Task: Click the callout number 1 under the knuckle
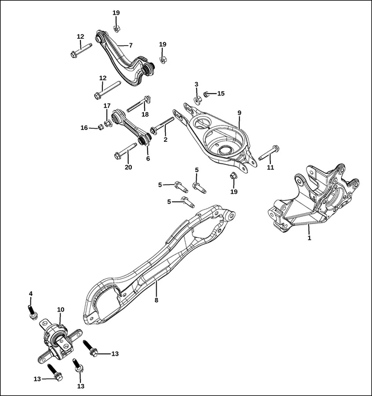[309, 238]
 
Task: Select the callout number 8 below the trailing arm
[157, 300]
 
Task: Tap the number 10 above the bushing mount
[60, 309]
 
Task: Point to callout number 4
[31, 294]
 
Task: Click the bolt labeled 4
[33, 312]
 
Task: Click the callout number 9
[240, 113]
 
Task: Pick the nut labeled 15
[206, 95]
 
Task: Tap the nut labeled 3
[197, 100]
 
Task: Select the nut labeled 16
[100, 127]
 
